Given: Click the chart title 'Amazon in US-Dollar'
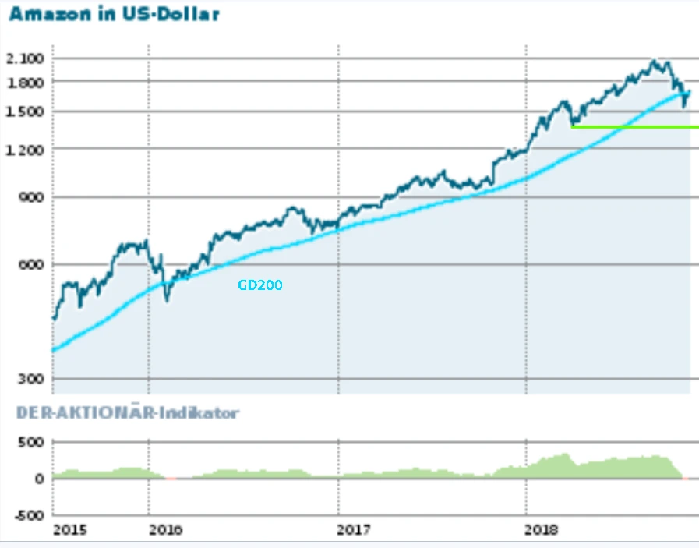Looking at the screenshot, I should click(114, 14).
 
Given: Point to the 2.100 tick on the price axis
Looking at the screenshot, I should click(25, 58).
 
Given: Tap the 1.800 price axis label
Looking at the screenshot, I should click(25, 81).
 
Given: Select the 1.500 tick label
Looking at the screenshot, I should click(25, 111).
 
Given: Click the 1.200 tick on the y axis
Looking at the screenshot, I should click(25, 149).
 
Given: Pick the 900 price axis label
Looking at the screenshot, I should click(31, 197).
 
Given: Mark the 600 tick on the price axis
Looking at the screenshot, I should click(31, 264).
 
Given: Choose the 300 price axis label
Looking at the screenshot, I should click(31, 379).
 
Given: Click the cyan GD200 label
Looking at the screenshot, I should click(260, 286).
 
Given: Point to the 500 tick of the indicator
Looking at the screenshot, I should click(32, 442).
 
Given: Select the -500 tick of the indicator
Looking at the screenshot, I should click(29, 515).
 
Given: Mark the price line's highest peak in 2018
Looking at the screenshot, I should click(655, 61).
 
